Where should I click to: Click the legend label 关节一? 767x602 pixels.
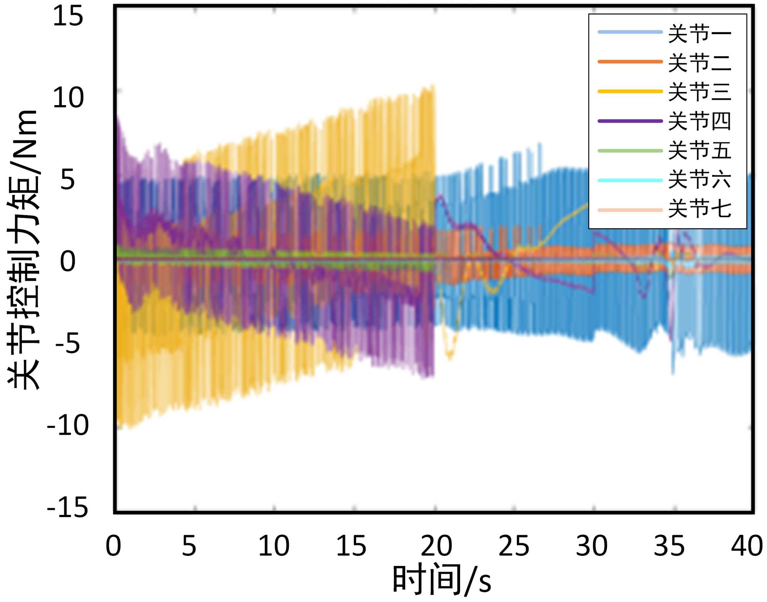pyautogui.click(x=699, y=34)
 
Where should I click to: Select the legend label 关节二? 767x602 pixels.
pyautogui.click(x=699, y=63)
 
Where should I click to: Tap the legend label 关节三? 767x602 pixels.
pyautogui.click(x=699, y=92)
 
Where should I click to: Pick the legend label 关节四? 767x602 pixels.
pyautogui.click(x=699, y=121)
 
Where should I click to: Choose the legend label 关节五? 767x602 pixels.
pyautogui.click(x=699, y=150)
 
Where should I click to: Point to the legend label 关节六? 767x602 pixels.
pyautogui.click(x=699, y=180)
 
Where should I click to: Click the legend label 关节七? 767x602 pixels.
pyautogui.click(x=699, y=209)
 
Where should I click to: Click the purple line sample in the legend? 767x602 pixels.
pyautogui.click(x=630, y=121)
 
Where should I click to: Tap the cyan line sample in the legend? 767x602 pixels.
pyautogui.click(x=630, y=180)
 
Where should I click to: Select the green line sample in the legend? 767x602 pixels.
pyautogui.click(x=630, y=150)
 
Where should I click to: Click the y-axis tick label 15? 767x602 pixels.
pyautogui.click(x=68, y=16)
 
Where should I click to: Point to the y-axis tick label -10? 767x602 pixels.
pyautogui.click(x=68, y=425)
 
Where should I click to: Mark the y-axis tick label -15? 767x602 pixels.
pyautogui.click(x=68, y=507)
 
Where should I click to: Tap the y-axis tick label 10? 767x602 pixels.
pyautogui.click(x=68, y=98)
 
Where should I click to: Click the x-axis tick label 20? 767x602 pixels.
pyautogui.click(x=436, y=546)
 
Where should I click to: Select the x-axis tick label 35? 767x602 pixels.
pyautogui.click(x=669, y=546)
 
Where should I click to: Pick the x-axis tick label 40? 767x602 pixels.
pyautogui.click(x=747, y=546)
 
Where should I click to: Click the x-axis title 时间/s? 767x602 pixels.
pyautogui.click(x=441, y=580)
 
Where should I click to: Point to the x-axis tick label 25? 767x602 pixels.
pyautogui.click(x=514, y=546)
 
